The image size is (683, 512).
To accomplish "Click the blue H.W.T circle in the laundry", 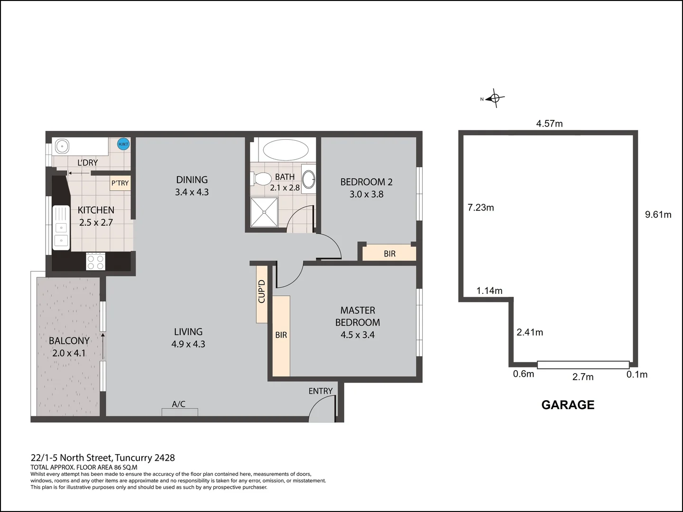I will [x=123, y=144].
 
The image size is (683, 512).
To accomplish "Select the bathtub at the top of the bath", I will [x=282, y=150].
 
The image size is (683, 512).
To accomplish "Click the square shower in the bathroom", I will [x=266, y=212].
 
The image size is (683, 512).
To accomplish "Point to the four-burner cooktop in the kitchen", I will [x=95, y=261].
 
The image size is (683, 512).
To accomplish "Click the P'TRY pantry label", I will [x=120, y=183].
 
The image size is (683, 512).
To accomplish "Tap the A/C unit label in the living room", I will [x=179, y=404].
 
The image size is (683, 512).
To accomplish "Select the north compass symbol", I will [x=494, y=99].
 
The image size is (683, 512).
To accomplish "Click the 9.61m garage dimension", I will [x=658, y=214].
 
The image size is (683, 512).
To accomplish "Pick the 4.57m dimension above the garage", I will [x=549, y=124].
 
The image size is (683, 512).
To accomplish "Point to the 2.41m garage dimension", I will [x=530, y=332].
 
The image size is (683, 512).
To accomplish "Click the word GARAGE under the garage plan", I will [x=568, y=405].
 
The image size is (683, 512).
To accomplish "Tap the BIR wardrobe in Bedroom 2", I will [x=389, y=254].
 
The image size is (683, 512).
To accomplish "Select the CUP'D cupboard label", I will [x=261, y=292].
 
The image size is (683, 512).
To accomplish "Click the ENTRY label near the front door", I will [x=321, y=391].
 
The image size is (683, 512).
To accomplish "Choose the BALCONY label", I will [x=69, y=341].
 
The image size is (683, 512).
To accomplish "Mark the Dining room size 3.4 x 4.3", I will [x=192, y=192].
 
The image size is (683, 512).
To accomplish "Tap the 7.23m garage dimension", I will [x=480, y=208].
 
